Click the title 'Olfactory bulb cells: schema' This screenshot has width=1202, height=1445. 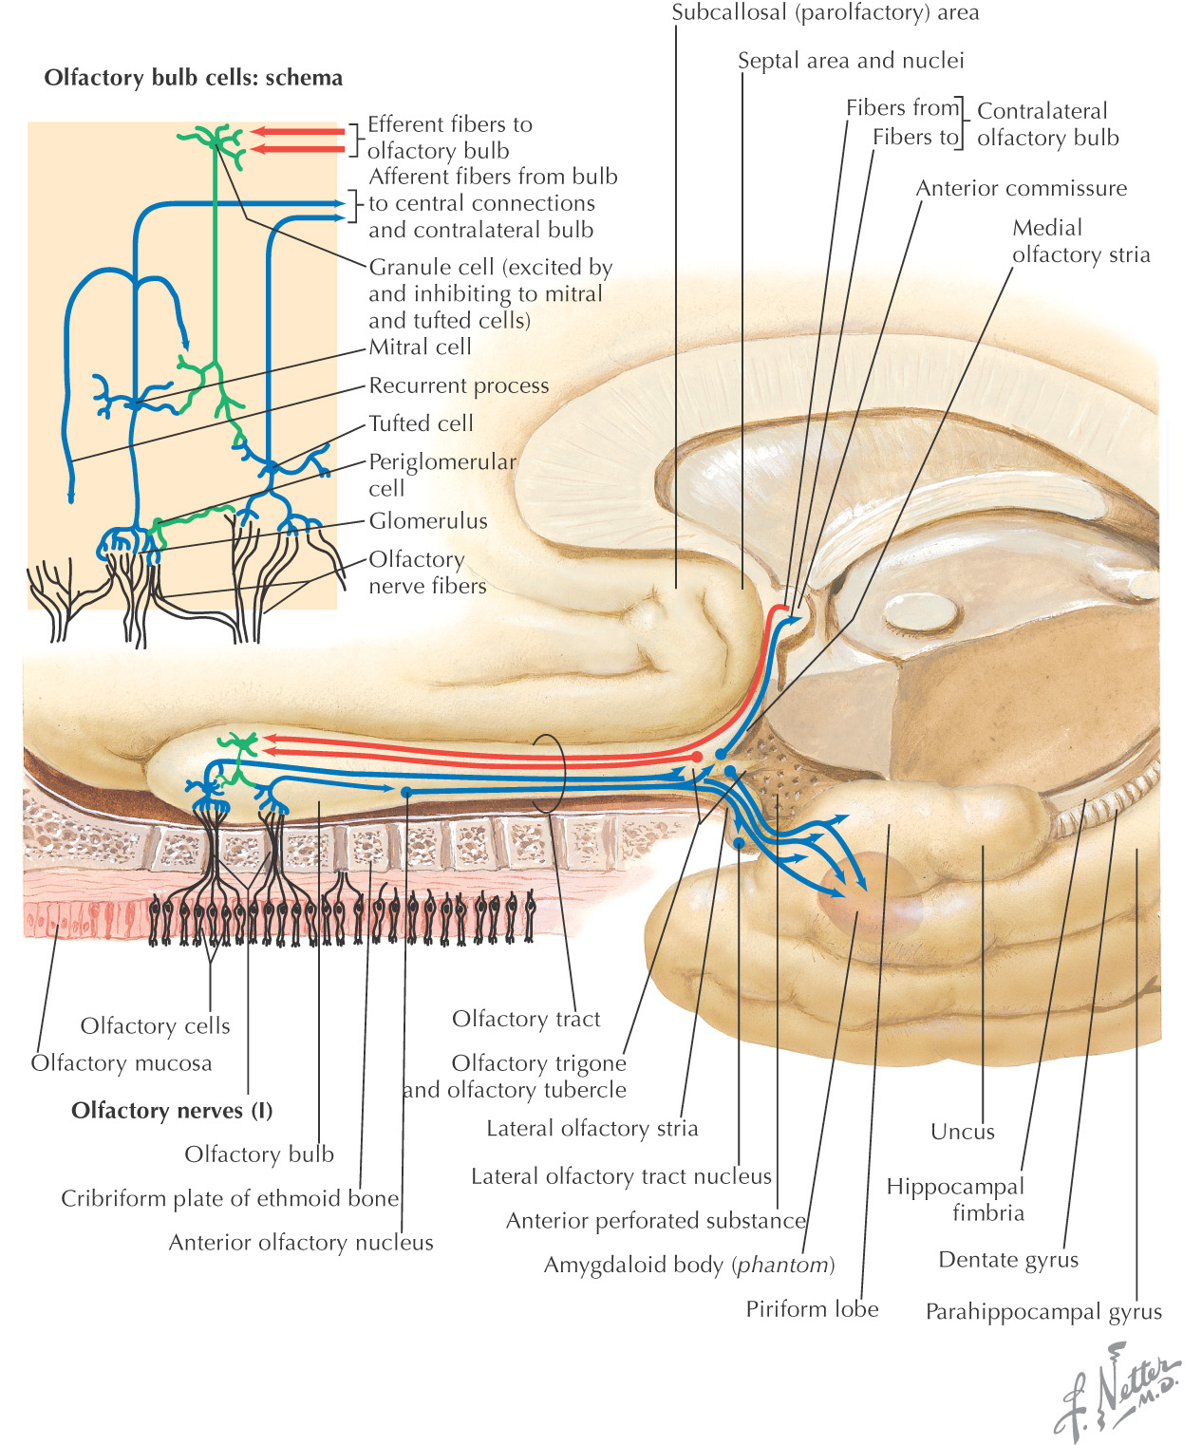[193, 78]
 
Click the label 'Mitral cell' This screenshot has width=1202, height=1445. [420, 347]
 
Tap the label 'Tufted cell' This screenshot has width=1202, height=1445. [421, 423]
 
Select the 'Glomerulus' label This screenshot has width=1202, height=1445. [428, 521]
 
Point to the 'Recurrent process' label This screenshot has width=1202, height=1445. [459, 385]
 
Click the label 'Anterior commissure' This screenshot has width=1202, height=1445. [1021, 188]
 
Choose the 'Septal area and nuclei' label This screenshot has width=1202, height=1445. [851, 61]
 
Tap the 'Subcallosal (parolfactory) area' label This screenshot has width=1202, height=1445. [825, 13]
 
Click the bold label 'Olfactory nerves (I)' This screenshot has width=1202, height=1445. [172, 1110]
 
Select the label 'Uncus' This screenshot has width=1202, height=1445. [963, 1132]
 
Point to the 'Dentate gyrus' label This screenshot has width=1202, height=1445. [1008, 1260]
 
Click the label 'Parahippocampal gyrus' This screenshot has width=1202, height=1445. [1043, 1312]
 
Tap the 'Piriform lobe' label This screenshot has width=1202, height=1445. [812, 1309]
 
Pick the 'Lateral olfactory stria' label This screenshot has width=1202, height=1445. [592, 1129]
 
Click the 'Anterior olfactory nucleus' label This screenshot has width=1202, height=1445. [301, 1243]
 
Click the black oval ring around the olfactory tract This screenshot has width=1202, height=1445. [548, 774]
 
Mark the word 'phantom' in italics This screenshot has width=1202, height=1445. [782, 1266]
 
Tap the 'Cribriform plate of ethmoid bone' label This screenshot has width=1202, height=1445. [230, 1199]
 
